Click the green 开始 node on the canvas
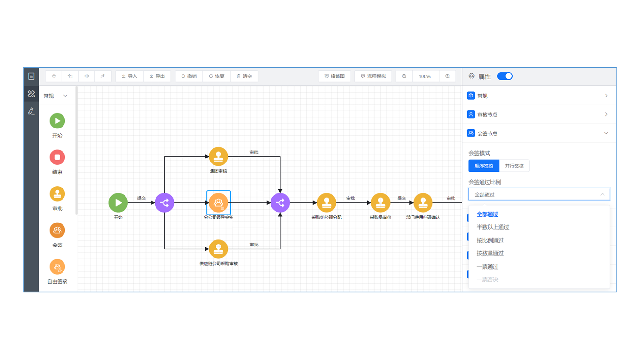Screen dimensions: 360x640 tap(118, 203)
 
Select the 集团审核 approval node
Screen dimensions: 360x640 tap(218, 156)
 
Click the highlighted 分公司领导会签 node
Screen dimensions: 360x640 tap(218, 203)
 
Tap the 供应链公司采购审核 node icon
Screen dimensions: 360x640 tap(218, 249)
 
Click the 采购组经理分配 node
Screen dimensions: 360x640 tap(327, 203)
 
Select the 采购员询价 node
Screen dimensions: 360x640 tap(380, 203)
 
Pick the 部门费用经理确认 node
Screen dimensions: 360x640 tap(423, 203)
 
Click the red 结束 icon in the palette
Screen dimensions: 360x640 tap(57, 157)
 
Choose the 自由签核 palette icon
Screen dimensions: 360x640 tap(57, 267)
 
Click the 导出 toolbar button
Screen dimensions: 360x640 tap(157, 76)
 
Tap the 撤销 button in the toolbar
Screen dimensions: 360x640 tap(189, 76)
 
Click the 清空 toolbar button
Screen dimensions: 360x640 tap(244, 76)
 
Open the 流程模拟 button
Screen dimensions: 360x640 tap(373, 76)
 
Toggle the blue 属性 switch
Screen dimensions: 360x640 tap(505, 76)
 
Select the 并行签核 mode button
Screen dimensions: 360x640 tap(514, 166)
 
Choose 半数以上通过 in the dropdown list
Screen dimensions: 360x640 tap(493, 227)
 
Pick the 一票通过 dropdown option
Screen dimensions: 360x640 tap(487, 267)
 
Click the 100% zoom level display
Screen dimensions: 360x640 tap(424, 76)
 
